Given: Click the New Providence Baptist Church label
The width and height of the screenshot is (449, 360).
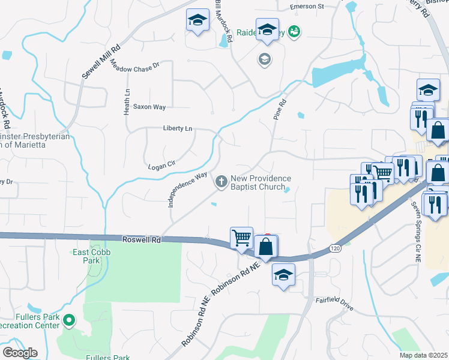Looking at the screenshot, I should tap(261, 182).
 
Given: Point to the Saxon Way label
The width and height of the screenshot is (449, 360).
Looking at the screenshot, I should tap(149, 107).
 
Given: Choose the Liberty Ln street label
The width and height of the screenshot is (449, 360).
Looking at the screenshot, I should tap(178, 128).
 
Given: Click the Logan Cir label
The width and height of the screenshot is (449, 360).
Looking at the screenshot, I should tap(161, 163).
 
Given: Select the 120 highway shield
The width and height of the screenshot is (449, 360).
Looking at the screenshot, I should tap(334, 247).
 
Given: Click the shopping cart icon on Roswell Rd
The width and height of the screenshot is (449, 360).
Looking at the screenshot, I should tap(241, 237).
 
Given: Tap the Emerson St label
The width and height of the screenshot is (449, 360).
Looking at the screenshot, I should tap(307, 7).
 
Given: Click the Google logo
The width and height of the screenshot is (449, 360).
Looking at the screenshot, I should tap(19, 353).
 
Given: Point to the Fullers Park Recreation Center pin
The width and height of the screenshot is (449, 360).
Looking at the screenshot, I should tap(70, 320).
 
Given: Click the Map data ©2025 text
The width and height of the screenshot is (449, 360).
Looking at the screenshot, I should tap(423, 355).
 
